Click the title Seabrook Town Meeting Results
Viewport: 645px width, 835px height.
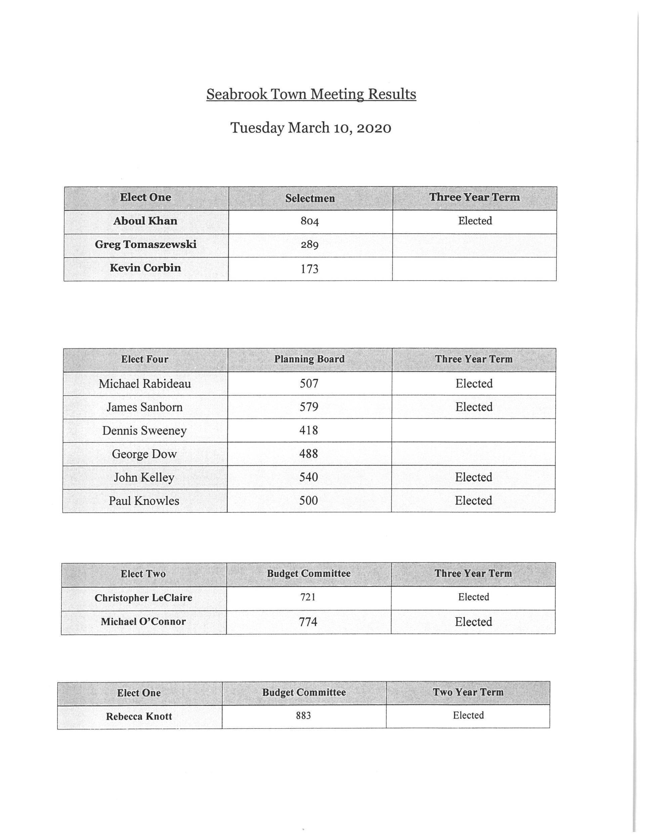tap(311, 94)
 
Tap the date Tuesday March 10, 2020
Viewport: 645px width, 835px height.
tap(311, 128)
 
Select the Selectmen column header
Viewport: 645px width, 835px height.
tap(310, 198)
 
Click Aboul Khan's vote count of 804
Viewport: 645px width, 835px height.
tap(310, 221)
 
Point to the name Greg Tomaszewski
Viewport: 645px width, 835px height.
tap(146, 244)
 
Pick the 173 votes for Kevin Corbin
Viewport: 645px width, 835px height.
tap(310, 269)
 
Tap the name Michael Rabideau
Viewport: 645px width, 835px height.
tap(144, 383)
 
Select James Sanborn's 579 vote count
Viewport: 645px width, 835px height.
tap(309, 407)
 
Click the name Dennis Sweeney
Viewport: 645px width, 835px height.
tap(144, 430)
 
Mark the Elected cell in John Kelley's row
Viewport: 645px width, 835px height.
tap(473, 477)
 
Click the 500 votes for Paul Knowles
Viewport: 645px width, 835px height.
tap(308, 500)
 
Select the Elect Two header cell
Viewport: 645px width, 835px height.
tap(143, 574)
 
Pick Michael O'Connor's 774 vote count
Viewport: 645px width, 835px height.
tap(308, 622)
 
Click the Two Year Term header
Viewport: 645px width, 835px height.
tap(468, 693)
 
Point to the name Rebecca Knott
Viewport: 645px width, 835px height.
tap(139, 716)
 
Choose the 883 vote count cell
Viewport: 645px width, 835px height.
tap(304, 715)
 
